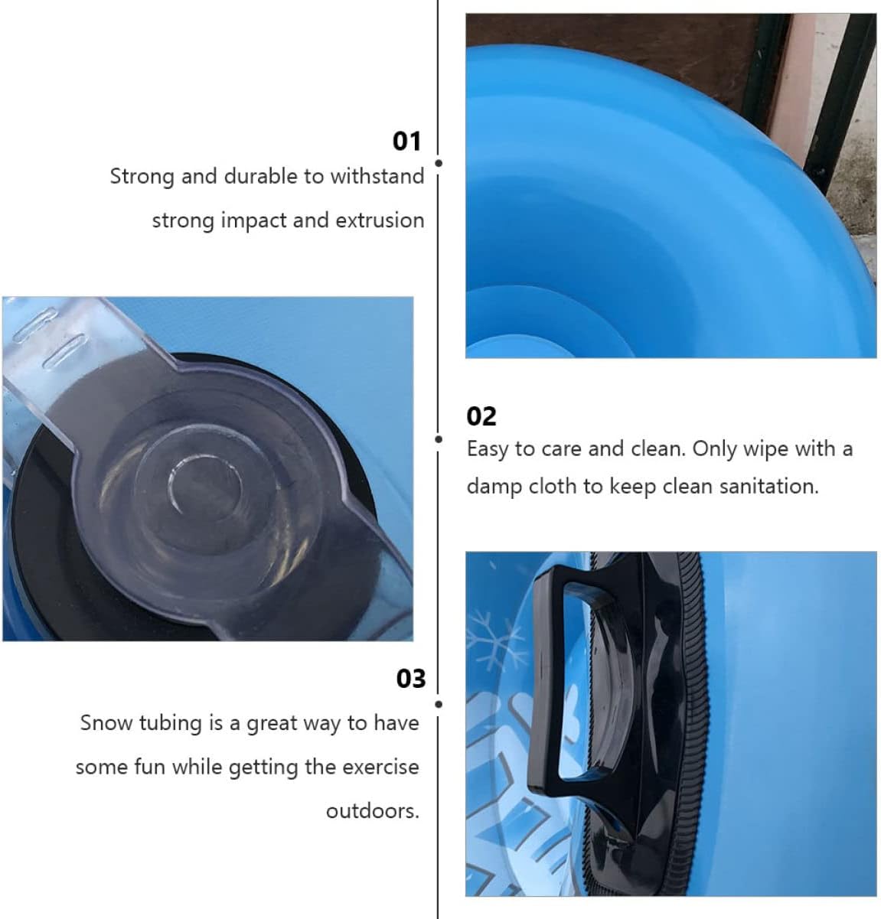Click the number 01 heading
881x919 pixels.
pos(406,142)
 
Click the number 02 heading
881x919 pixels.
pos(481,416)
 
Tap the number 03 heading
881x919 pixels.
pos(410,679)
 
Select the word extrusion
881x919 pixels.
pos(380,220)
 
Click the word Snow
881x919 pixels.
pos(106,723)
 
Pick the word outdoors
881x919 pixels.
pos(372,811)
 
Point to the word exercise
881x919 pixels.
pos(380,767)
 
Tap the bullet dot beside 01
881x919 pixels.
pos(439,163)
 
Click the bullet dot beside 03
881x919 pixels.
pos(439,704)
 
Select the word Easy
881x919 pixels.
pos(488,449)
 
